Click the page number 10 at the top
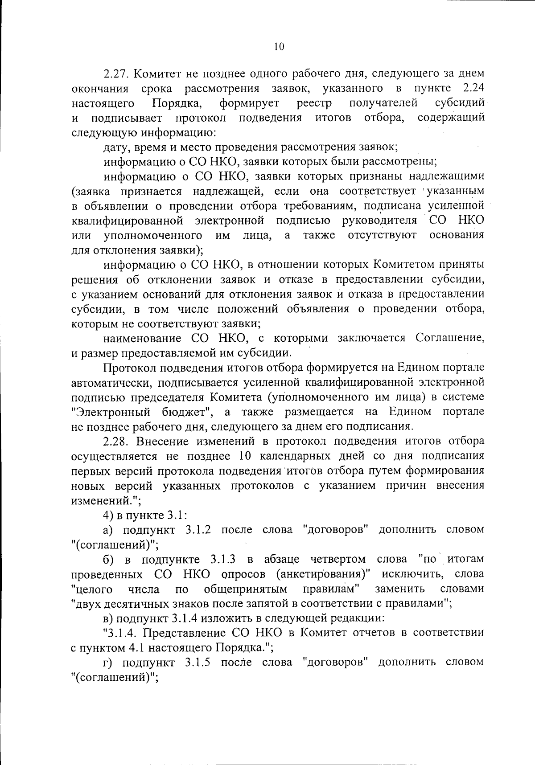[x=279, y=47]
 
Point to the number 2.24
[x=473, y=88]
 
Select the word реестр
[x=314, y=103]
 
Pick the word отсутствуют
[x=382, y=235]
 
